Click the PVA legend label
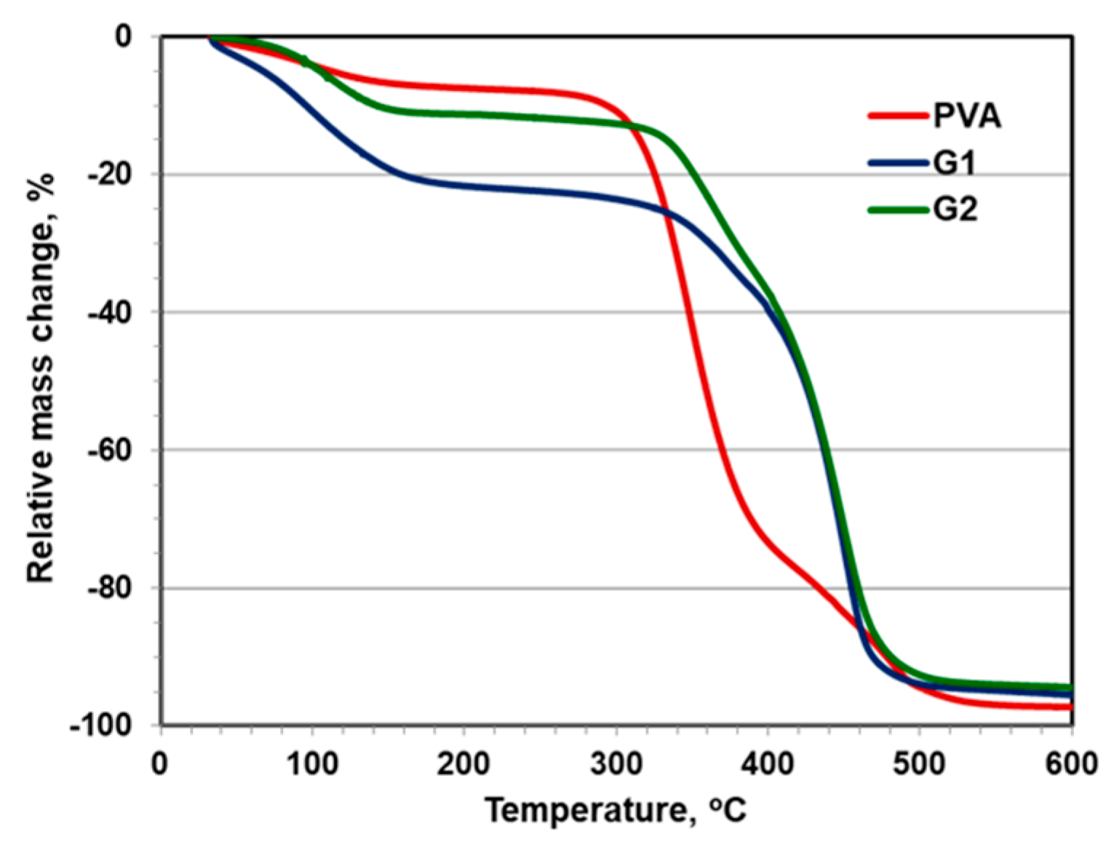(967, 116)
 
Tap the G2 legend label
(955, 210)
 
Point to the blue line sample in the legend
(899, 164)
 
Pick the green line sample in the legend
(899, 210)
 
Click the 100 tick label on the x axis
(312, 765)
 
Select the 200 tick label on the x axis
(463, 765)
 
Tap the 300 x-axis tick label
(616, 765)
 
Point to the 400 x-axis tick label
(768, 765)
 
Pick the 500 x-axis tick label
(920, 765)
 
